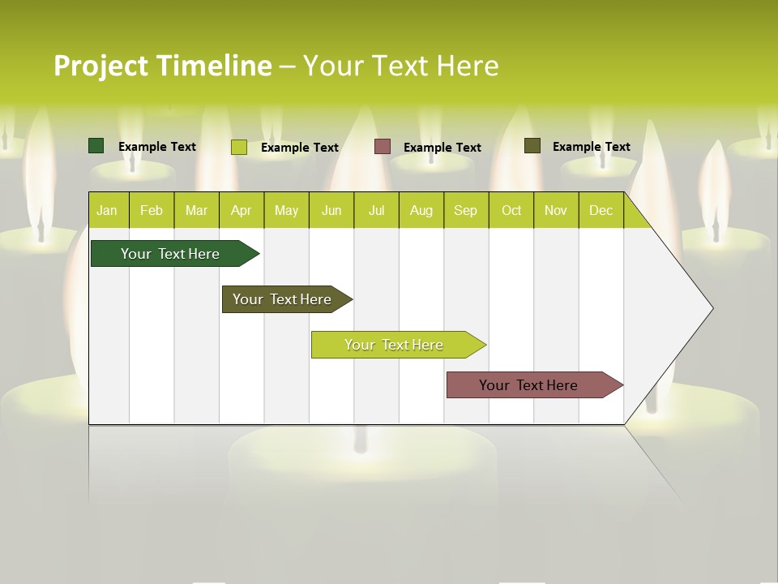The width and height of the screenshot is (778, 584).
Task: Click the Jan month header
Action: [107, 210]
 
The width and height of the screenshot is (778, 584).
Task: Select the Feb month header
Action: [152, 210]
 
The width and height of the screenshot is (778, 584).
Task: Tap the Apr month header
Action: [241, 210]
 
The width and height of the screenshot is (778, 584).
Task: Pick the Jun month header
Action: [331, 210]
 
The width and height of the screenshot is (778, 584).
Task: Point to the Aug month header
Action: [421, 210]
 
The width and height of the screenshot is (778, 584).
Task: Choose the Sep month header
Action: [465, 210]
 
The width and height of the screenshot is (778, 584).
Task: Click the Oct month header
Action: [511, 210]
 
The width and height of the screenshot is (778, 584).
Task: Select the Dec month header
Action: [601, 210]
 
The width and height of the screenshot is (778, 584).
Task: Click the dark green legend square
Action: [96, 146]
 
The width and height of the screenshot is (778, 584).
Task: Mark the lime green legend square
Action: [239, 147]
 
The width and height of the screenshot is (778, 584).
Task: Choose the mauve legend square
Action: [383, 147]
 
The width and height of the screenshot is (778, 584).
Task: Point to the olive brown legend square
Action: [532, 146]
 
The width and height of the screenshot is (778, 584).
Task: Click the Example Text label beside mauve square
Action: [442, 148]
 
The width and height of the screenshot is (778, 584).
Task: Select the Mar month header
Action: [196, 210]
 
